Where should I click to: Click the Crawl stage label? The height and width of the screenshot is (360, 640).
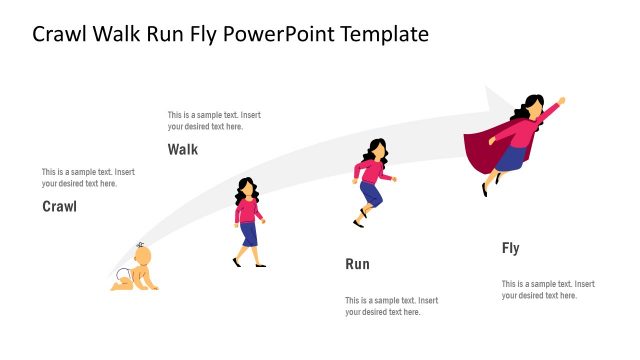pyautogui.click(x=59, y=207)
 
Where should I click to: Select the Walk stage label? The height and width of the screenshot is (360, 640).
pyautogui.click(x=183, y=150)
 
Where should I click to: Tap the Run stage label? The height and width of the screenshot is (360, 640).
pyautogui.click(x=357, y=264)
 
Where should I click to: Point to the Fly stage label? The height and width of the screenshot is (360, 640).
pyautogui.click(x=510, y=248)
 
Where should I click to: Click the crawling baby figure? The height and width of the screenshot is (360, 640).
pyautogui.click(x=136, y=270)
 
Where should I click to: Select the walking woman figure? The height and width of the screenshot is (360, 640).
pyautogui.click(x=248, y=222)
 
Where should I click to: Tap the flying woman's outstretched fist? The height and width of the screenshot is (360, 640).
pyautogui.click(x=561, y=100)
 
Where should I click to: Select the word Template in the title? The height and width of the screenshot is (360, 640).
pyautogui.click(x=384, y=34)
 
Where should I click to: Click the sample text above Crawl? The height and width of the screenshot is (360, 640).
pyautogui.click(x=88, y=178)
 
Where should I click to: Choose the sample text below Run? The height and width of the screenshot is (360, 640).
pyautogui.click(x=391, y=306)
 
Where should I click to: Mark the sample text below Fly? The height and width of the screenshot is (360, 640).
pyautogui.click(x=548, y=289)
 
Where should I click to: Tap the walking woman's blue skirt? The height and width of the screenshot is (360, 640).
pyautogui.click(x=248, y=234)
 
